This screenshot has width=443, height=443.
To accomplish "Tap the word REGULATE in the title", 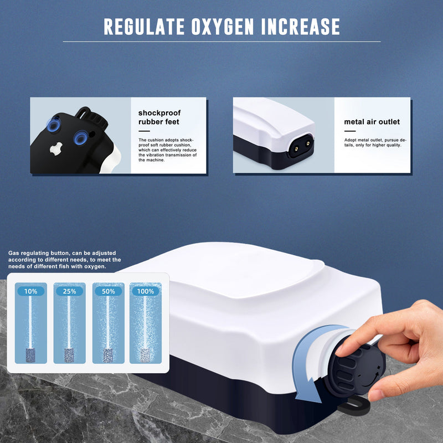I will pos(143,27).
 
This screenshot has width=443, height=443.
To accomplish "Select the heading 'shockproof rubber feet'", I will pos(159,117).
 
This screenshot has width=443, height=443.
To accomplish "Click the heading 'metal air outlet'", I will pos(372,122).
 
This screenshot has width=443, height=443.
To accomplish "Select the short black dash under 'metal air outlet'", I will pos(350,132).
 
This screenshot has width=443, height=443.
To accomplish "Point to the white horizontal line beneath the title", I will pos(221,42).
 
